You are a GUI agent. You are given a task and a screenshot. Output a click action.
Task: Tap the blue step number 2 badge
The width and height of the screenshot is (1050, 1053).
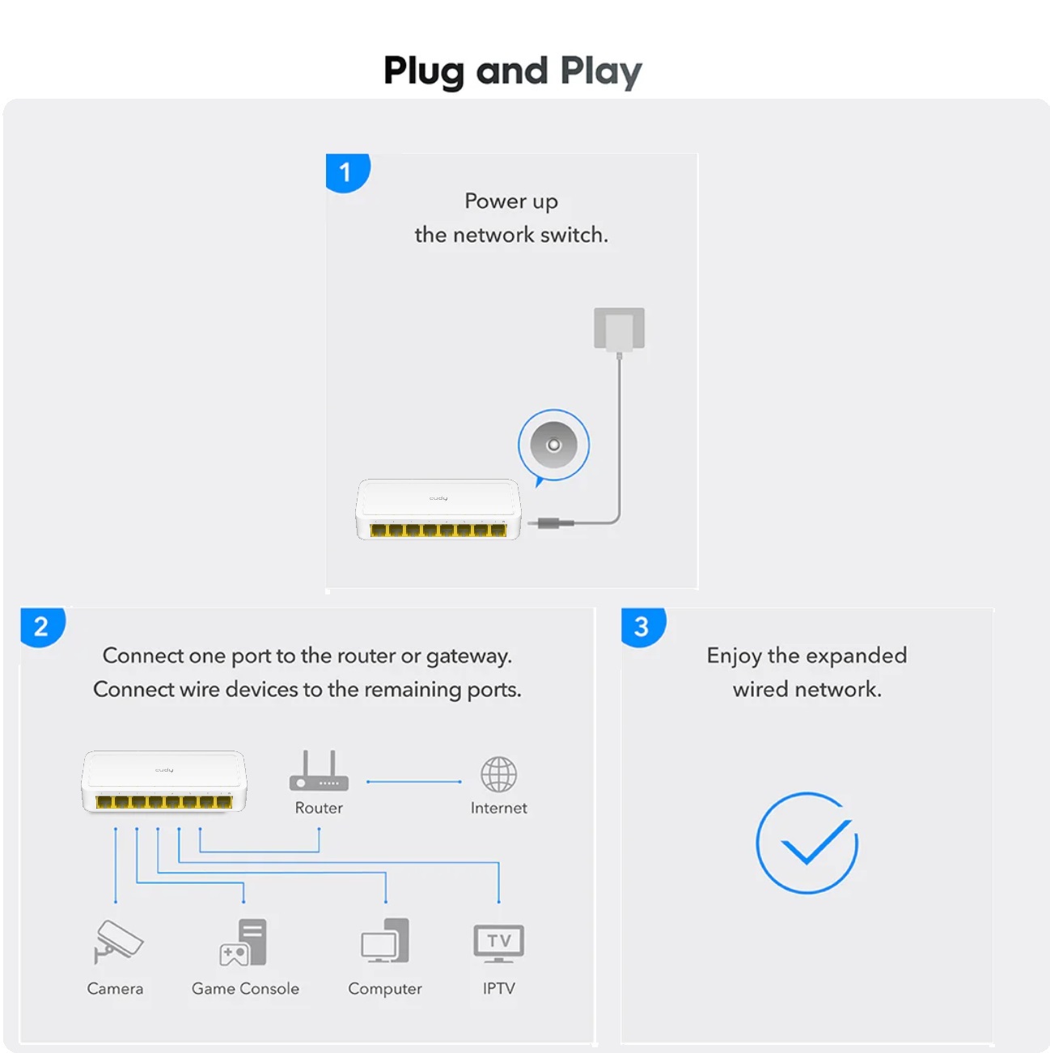click(x=43, y=627)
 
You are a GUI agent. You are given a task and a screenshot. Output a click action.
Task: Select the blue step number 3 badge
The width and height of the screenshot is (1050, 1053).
click(x=643, y=627)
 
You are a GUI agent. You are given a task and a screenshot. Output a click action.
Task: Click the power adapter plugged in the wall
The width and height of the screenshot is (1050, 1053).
click(x=620, y=329)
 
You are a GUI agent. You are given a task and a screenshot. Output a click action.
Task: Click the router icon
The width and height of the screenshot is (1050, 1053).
click(x=320, y=771)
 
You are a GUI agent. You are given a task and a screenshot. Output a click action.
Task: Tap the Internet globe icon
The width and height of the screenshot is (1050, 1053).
click(x=498, y=774)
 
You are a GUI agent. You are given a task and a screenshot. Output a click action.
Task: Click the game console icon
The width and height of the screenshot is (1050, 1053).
click(x=243, y=943)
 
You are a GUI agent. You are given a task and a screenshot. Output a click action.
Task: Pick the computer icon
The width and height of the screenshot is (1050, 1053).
click(x=385, y=941)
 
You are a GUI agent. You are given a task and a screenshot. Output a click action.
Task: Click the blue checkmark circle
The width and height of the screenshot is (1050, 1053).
click(x=807, y=844)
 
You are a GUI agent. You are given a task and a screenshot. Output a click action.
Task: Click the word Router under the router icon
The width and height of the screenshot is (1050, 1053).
click(x=319, y=808)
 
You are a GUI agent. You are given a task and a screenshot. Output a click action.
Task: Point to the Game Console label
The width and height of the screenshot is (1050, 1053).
click(x=245, y=988)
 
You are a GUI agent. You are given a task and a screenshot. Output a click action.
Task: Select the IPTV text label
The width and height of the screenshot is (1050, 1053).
click(x=498, y=988)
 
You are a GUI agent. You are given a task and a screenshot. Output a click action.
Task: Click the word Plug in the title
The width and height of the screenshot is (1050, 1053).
click(x=424, y=72)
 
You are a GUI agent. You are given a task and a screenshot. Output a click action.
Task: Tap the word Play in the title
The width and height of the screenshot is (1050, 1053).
click(x=601, y=72)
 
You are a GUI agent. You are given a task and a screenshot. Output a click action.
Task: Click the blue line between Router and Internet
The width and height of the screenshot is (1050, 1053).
click(x=413, y=782)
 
